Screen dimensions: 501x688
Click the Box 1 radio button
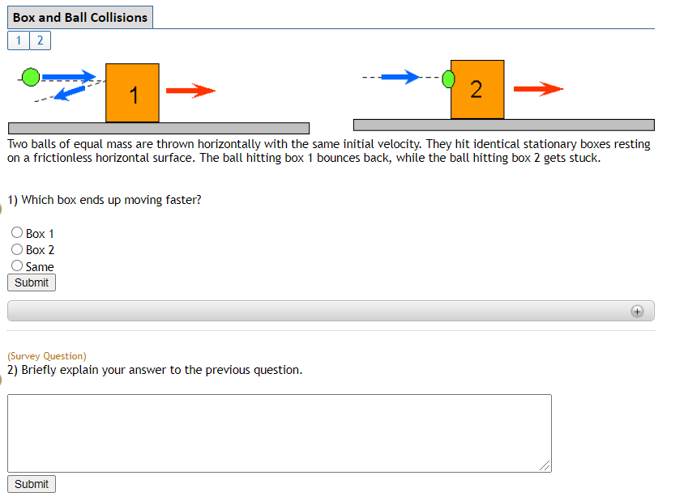17,233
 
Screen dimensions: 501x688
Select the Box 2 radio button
17,249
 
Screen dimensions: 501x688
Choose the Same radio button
17,265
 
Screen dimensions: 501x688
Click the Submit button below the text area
32,484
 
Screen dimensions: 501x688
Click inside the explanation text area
279,433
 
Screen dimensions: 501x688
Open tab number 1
18,40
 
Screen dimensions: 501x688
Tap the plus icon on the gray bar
637,312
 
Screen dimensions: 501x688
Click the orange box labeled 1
132,93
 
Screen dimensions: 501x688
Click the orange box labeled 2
477,89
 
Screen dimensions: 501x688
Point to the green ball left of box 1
30,77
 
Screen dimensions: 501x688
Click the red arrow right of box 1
190,91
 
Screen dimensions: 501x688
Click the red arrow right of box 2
538,88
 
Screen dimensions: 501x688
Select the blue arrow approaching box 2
400,77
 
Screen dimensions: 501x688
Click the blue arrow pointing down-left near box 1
71,93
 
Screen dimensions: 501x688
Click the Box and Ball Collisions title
80,17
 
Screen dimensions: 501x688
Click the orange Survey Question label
47,355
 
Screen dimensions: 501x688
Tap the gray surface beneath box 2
503,125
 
